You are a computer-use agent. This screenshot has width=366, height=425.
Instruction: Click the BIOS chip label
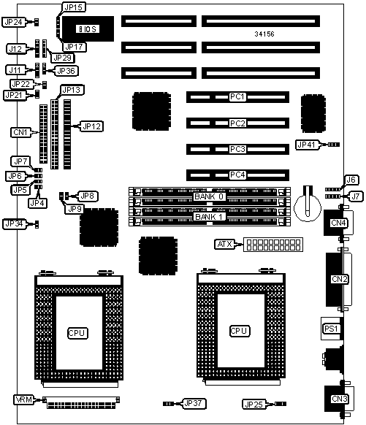point(87,29)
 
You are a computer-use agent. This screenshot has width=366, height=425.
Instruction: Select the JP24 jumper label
point(14,22)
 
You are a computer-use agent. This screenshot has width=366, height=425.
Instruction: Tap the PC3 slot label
point(237,149)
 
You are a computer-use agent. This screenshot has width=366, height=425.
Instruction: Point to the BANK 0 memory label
point(209,196)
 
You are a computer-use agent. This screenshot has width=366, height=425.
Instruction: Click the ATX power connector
point(273,245)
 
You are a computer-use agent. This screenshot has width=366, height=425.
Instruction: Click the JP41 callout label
point(306,145)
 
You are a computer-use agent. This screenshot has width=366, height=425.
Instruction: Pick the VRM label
point(24,399)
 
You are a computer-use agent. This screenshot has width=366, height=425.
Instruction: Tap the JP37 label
point(193,403)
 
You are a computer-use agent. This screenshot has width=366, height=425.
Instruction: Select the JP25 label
point(253,405)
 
